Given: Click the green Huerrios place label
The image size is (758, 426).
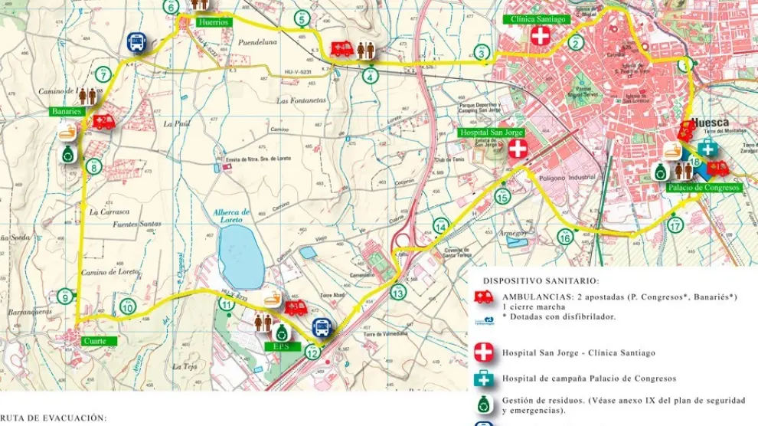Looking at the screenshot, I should [214, 22].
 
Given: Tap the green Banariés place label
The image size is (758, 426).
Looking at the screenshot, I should [67, 112].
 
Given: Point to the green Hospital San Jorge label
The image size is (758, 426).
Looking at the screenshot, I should [490, 133].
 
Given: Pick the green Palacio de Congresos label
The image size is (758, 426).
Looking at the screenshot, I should [702, 187].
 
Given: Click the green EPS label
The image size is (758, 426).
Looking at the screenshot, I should [279, 346].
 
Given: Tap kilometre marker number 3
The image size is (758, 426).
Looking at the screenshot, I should [481, 52].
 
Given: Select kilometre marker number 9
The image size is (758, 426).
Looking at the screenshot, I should [66, 297].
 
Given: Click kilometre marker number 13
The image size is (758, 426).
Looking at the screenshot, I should [397, 293].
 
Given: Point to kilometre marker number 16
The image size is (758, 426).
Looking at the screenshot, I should [564, 238].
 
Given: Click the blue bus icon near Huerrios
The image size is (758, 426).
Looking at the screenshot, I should [137, 42].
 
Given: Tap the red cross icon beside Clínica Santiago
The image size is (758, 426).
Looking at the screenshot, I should [541, 35].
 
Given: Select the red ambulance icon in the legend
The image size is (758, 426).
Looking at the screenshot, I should [484, 297].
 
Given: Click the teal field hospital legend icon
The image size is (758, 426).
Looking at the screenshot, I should [484, 378].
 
